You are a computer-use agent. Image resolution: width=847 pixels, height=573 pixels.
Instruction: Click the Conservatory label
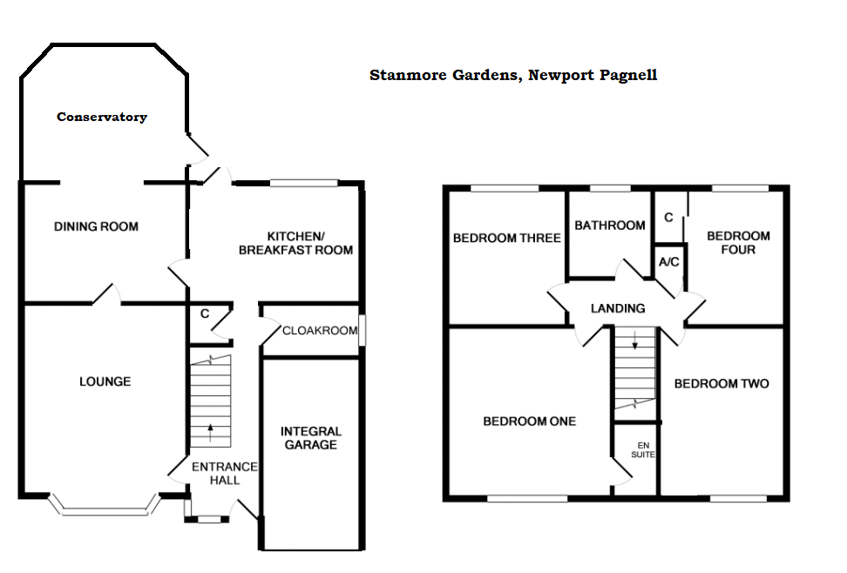(x=102, y=117)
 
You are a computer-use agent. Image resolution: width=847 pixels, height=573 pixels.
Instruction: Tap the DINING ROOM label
(x=96, y=227)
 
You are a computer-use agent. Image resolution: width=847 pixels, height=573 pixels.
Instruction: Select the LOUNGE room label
(x=105, y=381)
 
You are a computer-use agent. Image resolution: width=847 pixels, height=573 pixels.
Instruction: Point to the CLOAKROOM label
(x=319, y=331)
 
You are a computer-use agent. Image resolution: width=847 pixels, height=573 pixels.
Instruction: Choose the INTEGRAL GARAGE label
(x=311, y=438)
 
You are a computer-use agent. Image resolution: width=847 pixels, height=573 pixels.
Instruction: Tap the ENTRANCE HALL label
(x=225, y=473)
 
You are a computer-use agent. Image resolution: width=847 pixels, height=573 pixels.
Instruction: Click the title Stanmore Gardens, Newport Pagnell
(x=513, y=75)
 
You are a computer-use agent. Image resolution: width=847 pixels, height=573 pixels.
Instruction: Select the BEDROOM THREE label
(x=506, y=238)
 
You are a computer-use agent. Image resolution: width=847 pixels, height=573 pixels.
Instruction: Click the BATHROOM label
(x=610, y=226)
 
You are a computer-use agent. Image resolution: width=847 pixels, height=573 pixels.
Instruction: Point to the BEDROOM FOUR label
(x=738, y=242)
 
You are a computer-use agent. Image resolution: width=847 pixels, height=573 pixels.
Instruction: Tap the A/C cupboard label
(x=669, y=262)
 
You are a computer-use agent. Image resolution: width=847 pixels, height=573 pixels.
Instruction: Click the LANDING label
(x=618, y=308)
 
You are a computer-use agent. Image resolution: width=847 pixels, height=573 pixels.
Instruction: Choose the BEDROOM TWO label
(x=722, y=383)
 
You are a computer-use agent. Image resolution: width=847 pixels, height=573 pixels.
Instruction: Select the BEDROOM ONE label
(x=530, y=421)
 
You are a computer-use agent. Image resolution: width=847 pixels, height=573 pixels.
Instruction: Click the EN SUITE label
(x=644, y=450)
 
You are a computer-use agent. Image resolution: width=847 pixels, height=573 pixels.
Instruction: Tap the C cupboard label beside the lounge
(x=204, y=313)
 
